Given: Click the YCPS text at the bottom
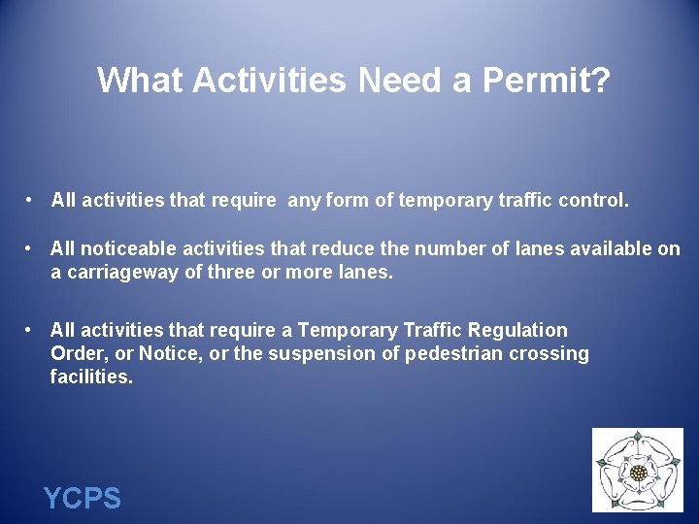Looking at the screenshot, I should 83,499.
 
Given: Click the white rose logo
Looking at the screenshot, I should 638,472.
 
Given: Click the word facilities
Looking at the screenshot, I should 91,377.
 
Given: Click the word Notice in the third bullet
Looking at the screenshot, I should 147,354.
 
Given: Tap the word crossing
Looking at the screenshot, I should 552,354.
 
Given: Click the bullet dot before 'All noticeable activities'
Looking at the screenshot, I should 31,248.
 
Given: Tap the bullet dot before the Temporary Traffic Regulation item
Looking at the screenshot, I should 31,330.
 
